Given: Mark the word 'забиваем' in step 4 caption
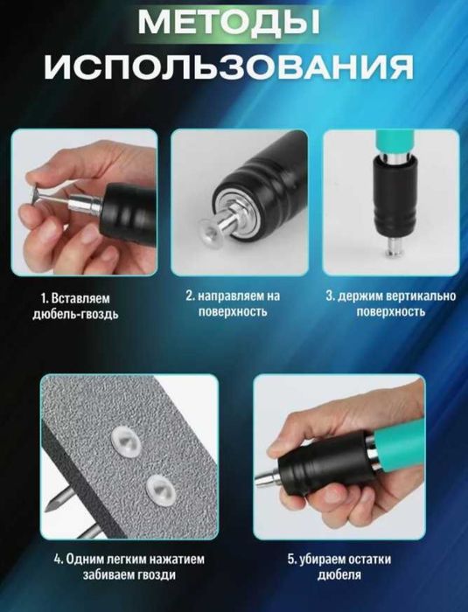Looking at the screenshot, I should [x=98, y=575].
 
